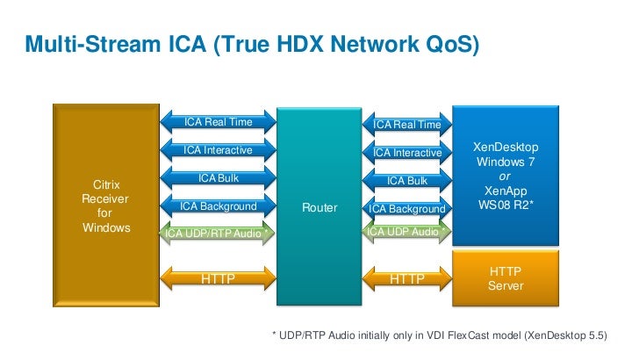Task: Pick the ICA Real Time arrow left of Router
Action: coord(218,122)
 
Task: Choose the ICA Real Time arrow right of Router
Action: coord(407,125)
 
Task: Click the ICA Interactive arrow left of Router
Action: coord(218,150)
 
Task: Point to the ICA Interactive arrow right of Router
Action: coord(407,153)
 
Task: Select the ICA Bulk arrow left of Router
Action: coord(218,178)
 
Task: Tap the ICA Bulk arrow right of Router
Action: coord(407,181)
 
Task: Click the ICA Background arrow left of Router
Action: coord(218,206)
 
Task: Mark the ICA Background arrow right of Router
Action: coord(407,209)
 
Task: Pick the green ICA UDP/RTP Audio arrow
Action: coord(218,233)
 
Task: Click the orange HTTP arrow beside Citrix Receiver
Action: coord(218,279)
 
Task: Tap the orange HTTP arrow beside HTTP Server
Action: coord(407,279)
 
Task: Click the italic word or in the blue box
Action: coord(505,176)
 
